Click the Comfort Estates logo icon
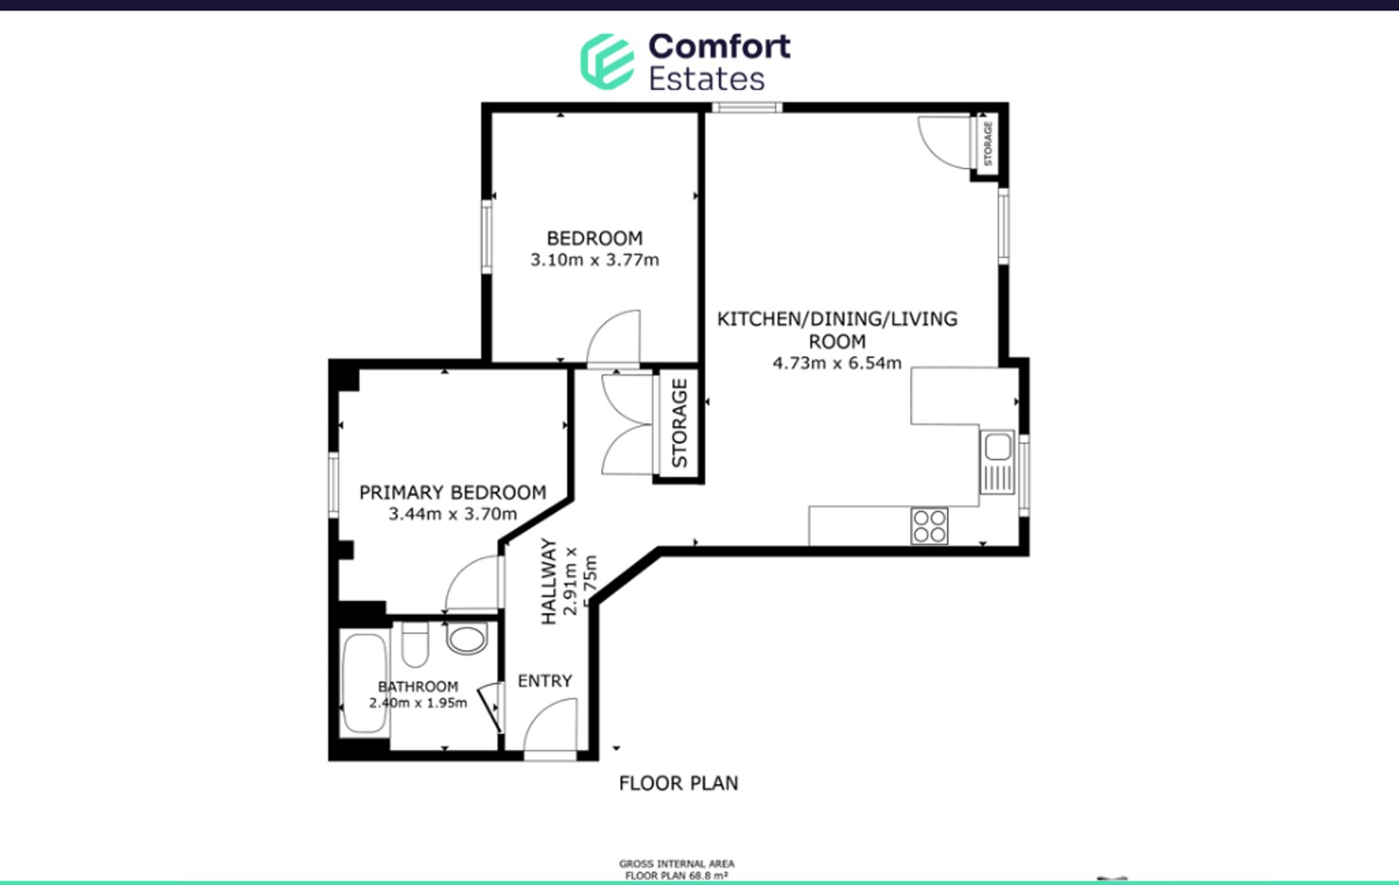pyautogui.click(x=606, y=62)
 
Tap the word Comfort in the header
pyautogui.click(x=719, y=47)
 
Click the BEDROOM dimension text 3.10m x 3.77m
pyautogui.click(x=595, y=260)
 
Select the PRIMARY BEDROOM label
pyautogui.click(x=453, y=493)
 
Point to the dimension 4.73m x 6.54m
pyautogui.click(x=837, y=363)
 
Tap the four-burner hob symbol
pyautogui.click(x=930, y=526)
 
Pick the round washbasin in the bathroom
pyautogui.click(x=467, y=639)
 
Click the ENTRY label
pyautogui.click(x=545, y=681)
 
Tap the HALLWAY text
pyautogui.click(x=549, y=581)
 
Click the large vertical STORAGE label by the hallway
pyautogui.click(x=679, y=423)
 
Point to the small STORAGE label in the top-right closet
pyautogui.click(x=988, y=143)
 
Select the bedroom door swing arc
pyautogui.click(x=613, y=337)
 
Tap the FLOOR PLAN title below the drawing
pyautogui.click(x=679, y=783)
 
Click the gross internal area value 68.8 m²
pyautogui.click(x=711, y=875)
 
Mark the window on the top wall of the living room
pyautogui.click(x=747, y=108)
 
